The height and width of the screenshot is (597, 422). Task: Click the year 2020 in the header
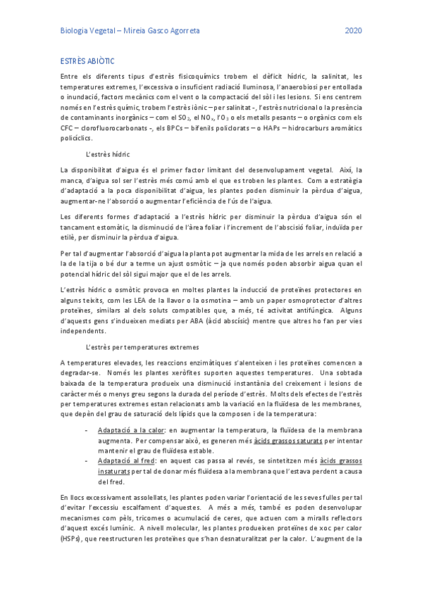point(354,31)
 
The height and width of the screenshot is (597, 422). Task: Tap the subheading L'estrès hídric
point(107,154)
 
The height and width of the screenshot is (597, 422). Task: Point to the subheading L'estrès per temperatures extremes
point(142,347)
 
